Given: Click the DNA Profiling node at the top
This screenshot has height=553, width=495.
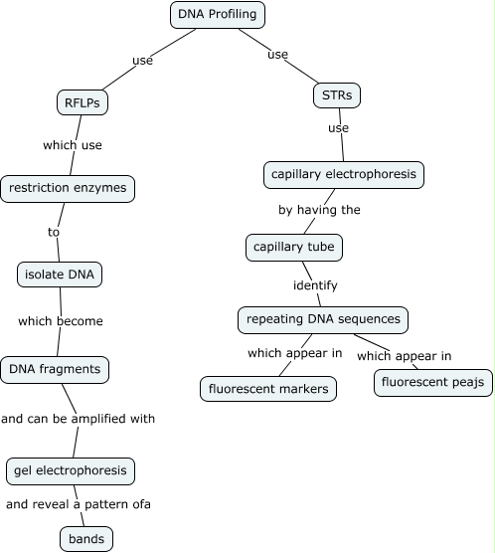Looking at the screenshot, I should pyautogui.click(x=219, y=15).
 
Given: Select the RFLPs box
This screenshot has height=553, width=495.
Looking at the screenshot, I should pyautogui.click(x=82, y=101).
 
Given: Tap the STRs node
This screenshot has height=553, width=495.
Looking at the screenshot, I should pyautogui.click(x=336, y=95).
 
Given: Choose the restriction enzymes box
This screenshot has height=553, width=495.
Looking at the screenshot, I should pyautogui.click(x=68, y=187).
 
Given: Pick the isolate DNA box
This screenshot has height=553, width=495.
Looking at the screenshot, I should pyautogui.click(x=61, y=274).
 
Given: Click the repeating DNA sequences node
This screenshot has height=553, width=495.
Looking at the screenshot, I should pyautogui.click(x=324, y=319).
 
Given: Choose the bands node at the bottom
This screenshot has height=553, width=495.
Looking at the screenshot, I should pyautogui.click(x=86, y=539).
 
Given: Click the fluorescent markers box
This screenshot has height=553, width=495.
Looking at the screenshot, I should pyautogui.click(x=268, y=388).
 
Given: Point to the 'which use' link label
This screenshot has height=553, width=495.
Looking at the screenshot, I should pyautogui.click(x=73, y=145).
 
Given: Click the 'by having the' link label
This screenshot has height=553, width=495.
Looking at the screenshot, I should pyautogui.click(x=319, y=210).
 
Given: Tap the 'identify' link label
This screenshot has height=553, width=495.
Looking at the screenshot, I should pyautogui.click(x=315, y=285).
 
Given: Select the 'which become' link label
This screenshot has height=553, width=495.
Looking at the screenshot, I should pyautogui.click(x=61, y=321).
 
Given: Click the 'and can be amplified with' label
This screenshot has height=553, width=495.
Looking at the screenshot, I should pyautogui.click(x=79, y=419).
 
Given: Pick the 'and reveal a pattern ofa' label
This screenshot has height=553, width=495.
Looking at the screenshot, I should pyautogui.click(x=79, y=504).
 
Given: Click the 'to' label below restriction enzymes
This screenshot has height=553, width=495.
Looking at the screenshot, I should pyautogui.click(x=54, y=232).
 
